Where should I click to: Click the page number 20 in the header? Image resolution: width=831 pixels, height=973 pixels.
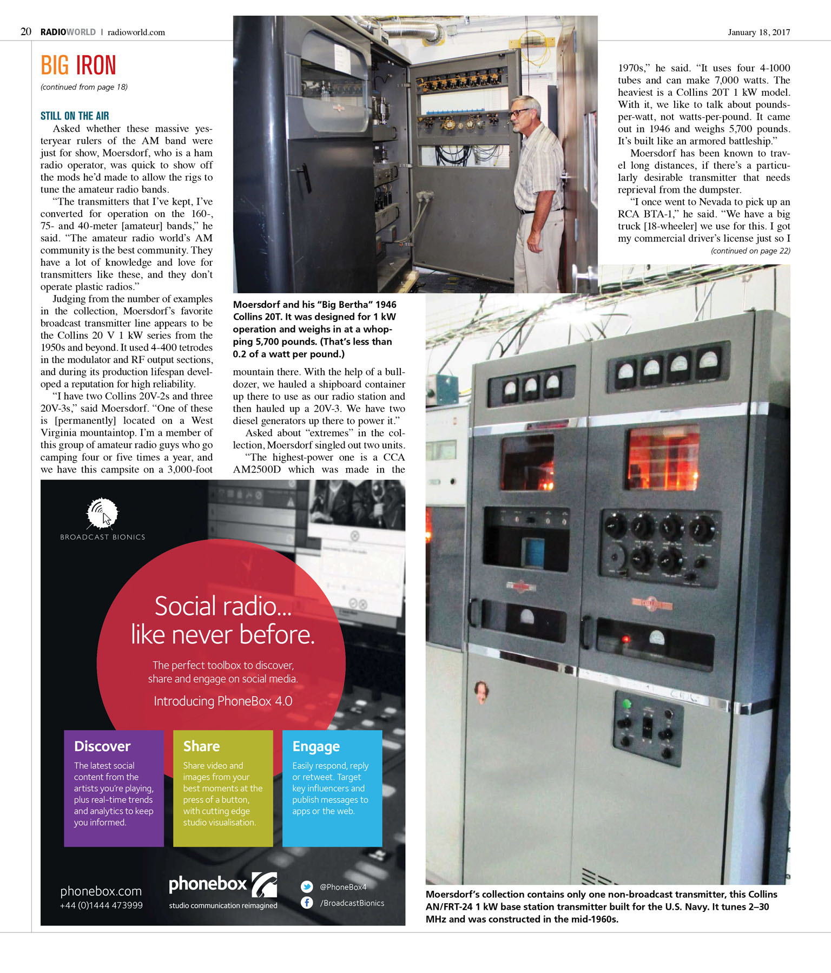(x=26, y=32)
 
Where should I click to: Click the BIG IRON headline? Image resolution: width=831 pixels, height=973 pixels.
(x=78, y=65)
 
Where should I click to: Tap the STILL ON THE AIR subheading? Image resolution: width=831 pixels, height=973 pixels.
(x=75, y=116)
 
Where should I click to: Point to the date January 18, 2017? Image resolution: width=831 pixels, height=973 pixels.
(x=759, y=32)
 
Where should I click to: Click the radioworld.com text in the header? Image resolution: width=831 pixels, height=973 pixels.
(x=136, y=32)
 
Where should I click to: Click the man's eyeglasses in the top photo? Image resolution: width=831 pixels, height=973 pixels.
(x=519, y=113)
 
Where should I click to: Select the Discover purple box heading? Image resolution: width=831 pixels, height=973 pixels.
(x=102, y=746)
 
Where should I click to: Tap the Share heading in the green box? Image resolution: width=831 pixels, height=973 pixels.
(x=201, y=746)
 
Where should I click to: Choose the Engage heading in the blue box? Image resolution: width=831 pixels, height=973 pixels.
(x=316, y=747)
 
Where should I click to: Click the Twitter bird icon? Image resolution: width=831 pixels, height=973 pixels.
(x=307, y=886)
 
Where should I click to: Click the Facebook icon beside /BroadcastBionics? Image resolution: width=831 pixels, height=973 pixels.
(x=307, y=903)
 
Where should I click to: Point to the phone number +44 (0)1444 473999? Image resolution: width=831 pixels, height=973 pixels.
(x=101, y=905)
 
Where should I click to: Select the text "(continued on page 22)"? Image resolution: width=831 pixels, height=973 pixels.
(x=750, y=251)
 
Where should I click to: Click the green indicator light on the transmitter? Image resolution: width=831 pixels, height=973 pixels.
(x=627, y=704)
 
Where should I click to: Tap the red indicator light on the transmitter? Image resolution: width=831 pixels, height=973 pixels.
(x=626, y=639)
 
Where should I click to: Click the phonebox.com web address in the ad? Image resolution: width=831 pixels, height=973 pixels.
(x=101, y=891)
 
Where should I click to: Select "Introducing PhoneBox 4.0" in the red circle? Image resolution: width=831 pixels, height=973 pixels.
(x=223, y=701)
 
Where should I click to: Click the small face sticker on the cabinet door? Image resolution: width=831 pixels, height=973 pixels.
(x=481, y=690)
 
